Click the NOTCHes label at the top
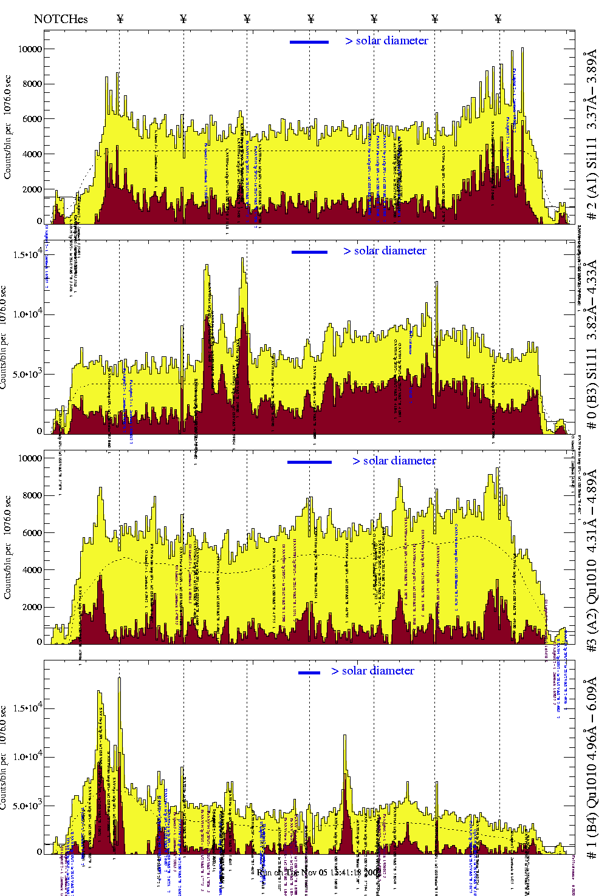[x=61, y=19]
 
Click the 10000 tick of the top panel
[x=30, y=49]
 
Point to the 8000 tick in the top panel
[x=32, y=84]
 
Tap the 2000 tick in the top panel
[x=32, y=189]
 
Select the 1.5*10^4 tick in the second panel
[x=27, y=254]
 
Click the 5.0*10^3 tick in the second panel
[x=27, y=374]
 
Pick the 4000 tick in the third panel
[x=32, y=570]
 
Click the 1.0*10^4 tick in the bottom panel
[x=27, y=756]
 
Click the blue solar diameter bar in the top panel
[x=309, y=42]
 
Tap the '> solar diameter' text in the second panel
[x=385, y=251]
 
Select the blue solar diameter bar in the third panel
[x=309, y=462]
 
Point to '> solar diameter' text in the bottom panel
[x=372, y=671]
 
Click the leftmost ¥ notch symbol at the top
[x=120, y=19]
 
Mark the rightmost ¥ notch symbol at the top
[x=498, y=19]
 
